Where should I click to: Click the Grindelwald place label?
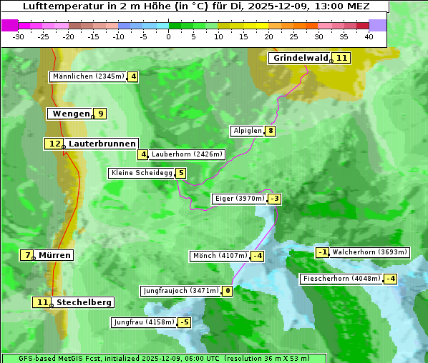301,58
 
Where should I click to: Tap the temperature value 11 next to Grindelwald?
342,58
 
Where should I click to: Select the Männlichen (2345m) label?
88,76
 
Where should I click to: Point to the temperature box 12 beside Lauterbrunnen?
54,144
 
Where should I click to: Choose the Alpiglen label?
247,131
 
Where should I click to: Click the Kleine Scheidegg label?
142,173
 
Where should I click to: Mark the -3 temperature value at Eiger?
275,199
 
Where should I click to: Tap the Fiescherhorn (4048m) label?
342,279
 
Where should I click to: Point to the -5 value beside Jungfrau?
185,323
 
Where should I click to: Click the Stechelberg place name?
84,303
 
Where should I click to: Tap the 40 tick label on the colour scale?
369,36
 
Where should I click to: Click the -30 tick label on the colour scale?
19,36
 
